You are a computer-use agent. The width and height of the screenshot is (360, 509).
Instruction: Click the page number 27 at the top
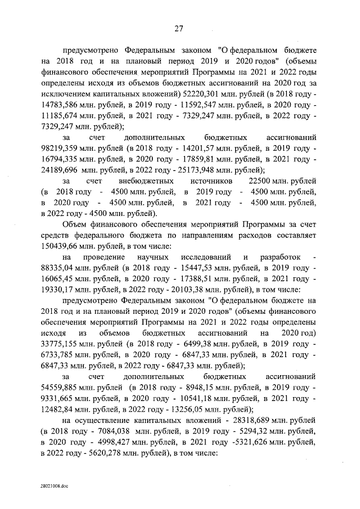click(x=179, y=29)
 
